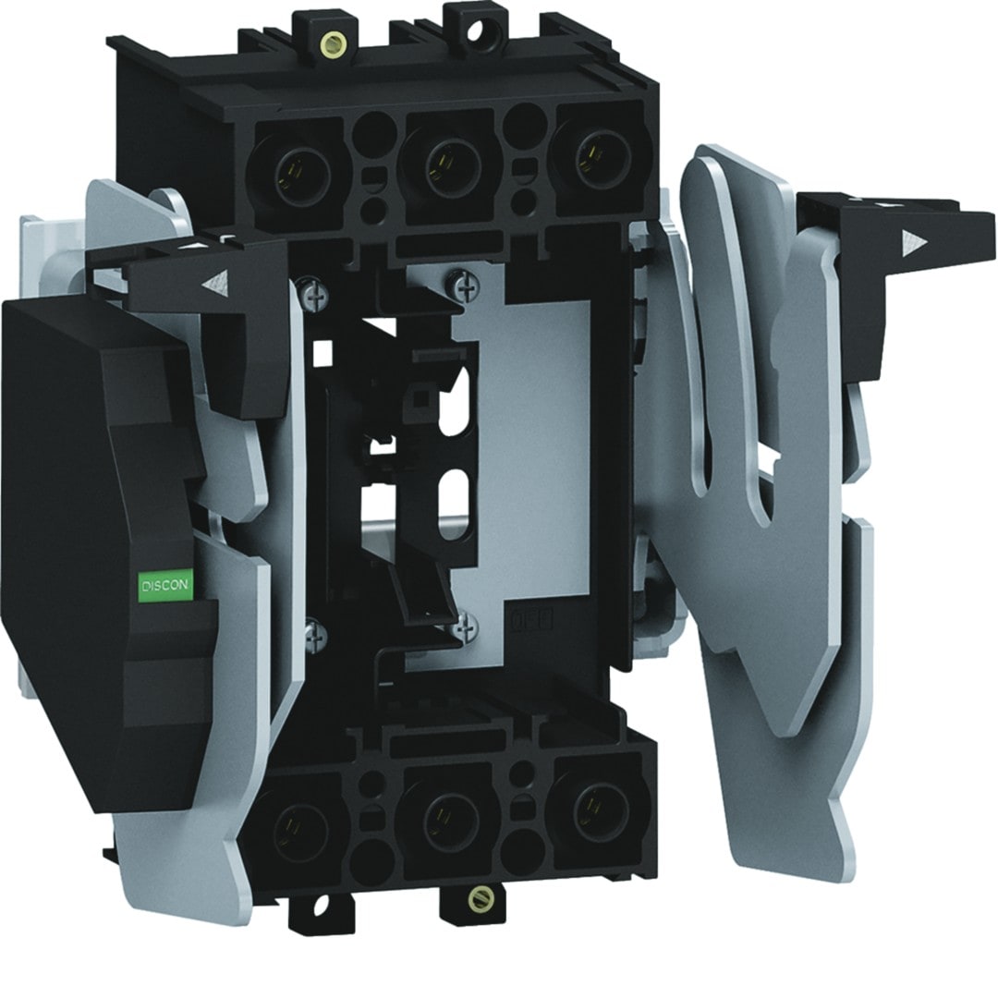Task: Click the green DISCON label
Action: pyautogui.click(x=164, y=585)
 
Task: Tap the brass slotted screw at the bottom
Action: pyautogui.click(x=479, y=898)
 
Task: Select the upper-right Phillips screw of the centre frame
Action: pyautogui.click(x=467, y=287)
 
